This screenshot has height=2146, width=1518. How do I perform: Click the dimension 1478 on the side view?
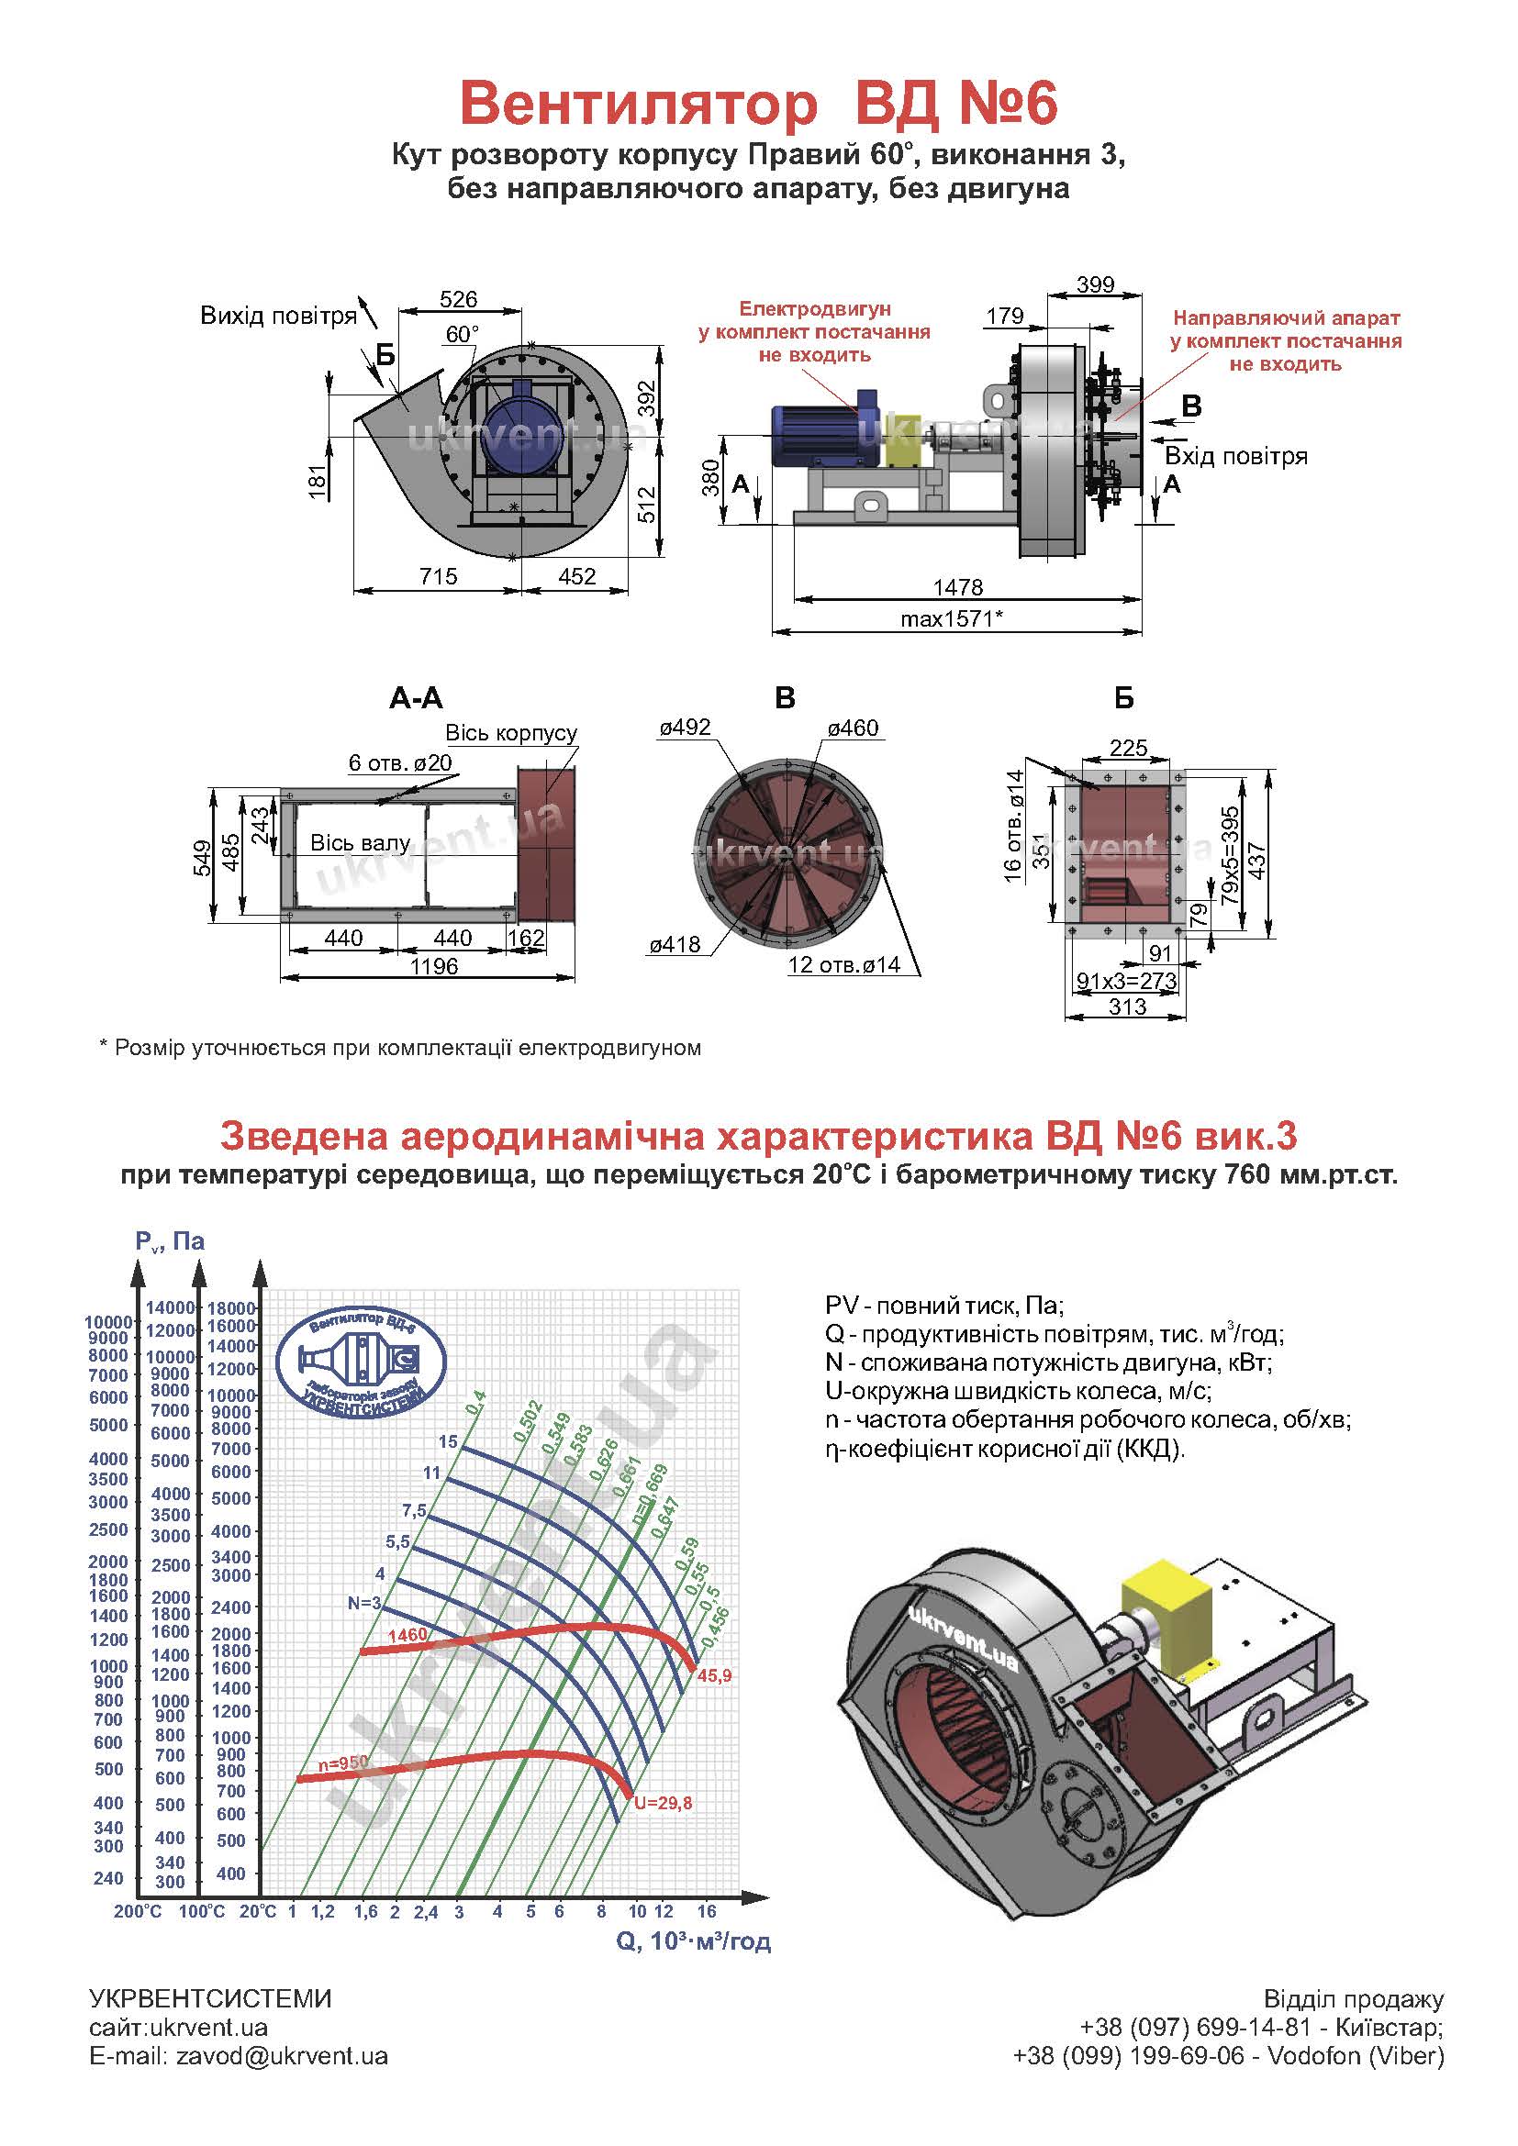[957, 587]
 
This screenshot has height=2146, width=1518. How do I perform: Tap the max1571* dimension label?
[951, 618]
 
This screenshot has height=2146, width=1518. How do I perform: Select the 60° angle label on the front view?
[462, 335]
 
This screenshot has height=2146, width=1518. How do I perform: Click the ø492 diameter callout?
[685, 728]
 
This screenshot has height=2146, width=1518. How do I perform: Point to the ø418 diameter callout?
[675, 945]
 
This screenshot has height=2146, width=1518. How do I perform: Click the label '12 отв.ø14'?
[844, 964]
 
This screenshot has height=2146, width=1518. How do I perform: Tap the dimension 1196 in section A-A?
[433, 966]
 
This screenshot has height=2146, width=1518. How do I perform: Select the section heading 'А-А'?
[415, 697]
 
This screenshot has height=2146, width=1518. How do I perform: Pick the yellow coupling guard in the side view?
[903, 440]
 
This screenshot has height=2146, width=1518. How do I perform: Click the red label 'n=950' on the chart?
[343, 1762]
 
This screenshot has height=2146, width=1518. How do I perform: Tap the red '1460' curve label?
[407, 1635]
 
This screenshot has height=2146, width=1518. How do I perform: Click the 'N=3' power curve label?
[364, 1603]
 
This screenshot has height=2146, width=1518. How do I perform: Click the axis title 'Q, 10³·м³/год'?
[694, 1941]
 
